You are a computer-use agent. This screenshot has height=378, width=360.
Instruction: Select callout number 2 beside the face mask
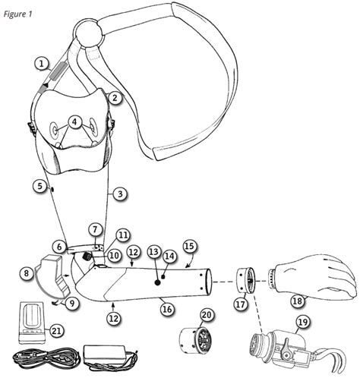114,97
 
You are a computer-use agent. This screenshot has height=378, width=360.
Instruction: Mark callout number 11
123,235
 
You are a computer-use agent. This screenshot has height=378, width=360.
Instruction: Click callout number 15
189,246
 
